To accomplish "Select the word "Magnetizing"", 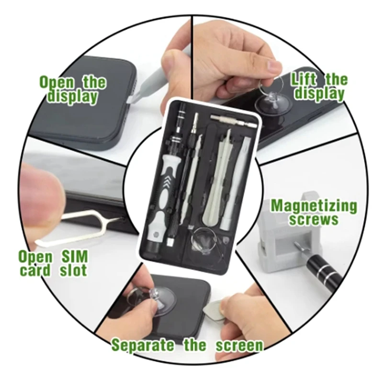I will (x=314, y=206).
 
